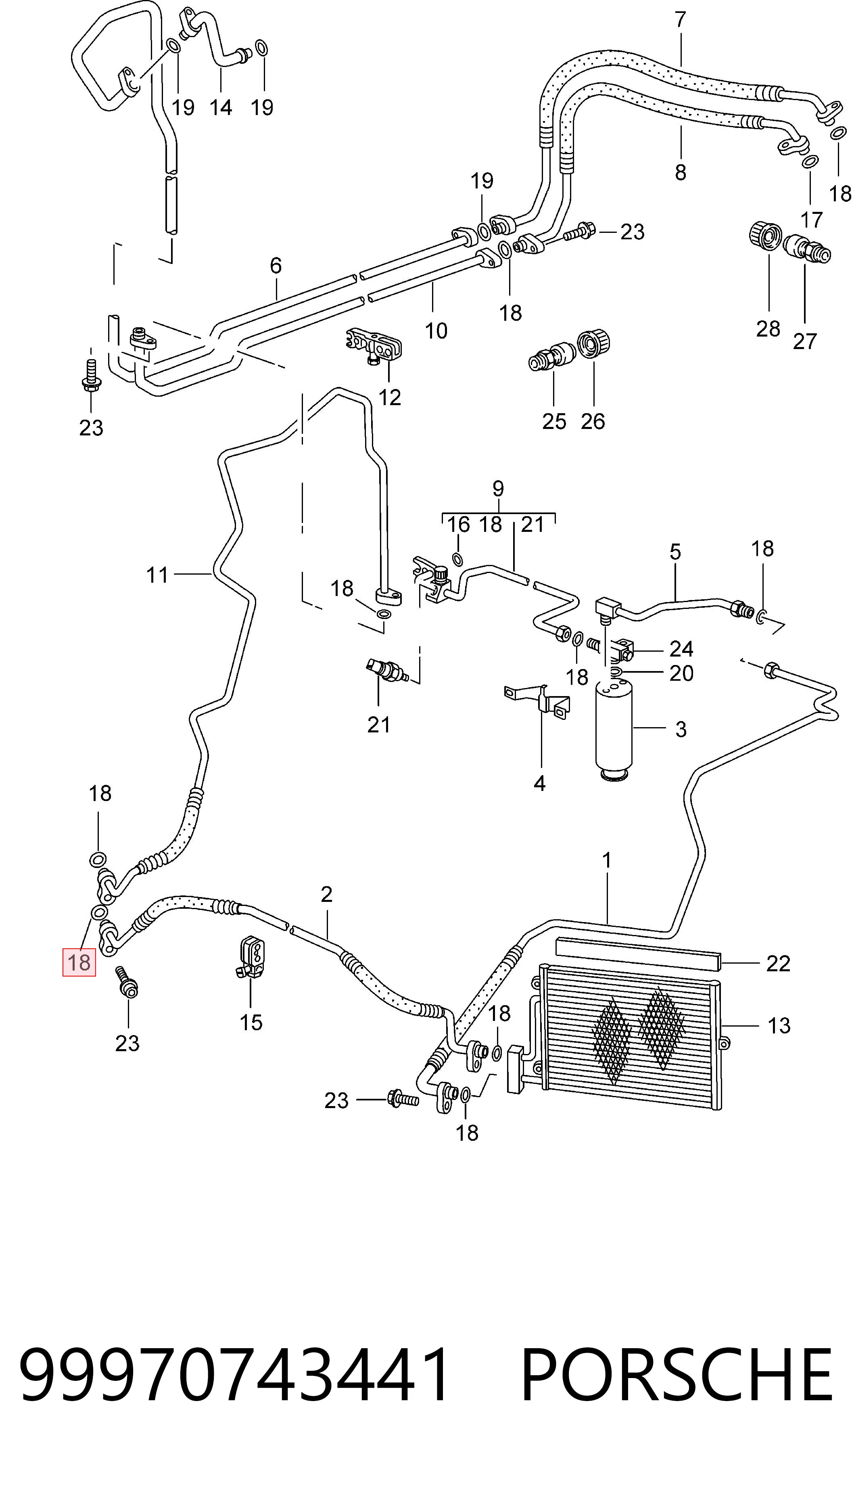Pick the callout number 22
(x=778, y=963)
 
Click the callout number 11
(x=157, y=575)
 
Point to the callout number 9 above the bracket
(x=498, y=487)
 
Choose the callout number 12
(x=390, y=397)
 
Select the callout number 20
(x=681, y=673)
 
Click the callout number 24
(x=681, y=648)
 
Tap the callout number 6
(x=276, y=266)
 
